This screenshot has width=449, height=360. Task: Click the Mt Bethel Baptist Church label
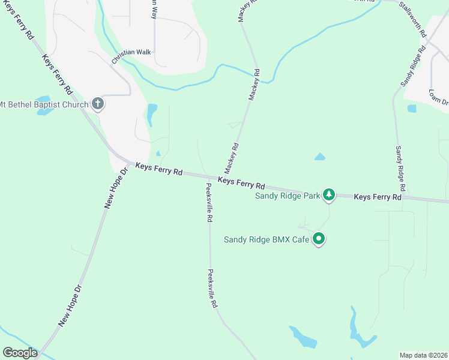pyautogui.click(x=44, y=104)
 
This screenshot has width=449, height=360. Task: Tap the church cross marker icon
pyautogui.click(x=98, y=104)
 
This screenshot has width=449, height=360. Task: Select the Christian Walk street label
pyautogui.click(x=131, y=56)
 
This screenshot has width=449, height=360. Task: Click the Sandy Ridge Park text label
pyautogui.click(x=287, y=196)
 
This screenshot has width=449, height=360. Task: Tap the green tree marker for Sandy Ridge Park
pyautogui.click(x=328, y=194)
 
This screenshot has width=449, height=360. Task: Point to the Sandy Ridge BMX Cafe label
pyautogui.click(x=267, y=239)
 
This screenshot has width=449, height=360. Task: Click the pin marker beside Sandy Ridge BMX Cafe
pyautogui.click(x=319, y=239)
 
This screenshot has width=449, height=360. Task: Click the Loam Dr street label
pyautogui.click(x=439, y=95)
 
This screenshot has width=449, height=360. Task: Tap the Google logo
pyautogui.click(x=20, y=353)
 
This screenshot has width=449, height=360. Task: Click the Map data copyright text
pyautogui.click(x=424, y=355)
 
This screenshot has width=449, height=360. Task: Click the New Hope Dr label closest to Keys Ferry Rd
pyautogui.click(x=116, y=188)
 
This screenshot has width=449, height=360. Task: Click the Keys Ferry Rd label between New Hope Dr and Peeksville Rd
pyautogui.click(x=158, y=169)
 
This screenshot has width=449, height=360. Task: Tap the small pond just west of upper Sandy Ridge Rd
pyautogui.click(x=412, y=109)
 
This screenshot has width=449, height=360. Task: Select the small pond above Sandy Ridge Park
pyautogui.click(x=319, y=157)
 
